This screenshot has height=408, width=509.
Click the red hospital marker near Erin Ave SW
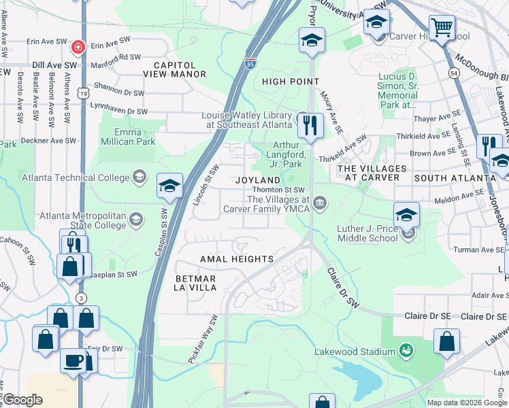point(78,48)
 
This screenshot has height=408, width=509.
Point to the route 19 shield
point(82,92)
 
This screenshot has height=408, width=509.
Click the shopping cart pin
point(442,28)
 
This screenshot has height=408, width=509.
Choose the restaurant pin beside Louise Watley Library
point(310,125)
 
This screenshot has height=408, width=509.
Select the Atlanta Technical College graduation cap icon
point(139,177)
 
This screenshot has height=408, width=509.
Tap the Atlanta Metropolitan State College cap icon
point(137,219)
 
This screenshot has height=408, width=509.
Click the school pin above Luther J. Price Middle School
point(406,214)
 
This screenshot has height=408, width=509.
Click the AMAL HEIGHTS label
point(236,259)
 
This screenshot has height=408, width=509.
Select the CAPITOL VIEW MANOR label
point(175,74)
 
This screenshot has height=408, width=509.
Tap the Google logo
point(22,400)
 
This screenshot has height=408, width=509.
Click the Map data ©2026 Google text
point(466,403)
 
